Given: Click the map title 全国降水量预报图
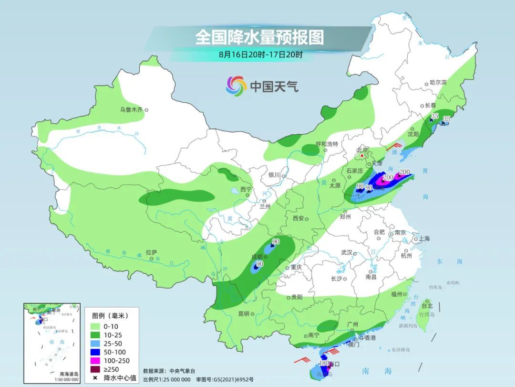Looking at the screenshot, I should pyautogui.click(x=259, y=37).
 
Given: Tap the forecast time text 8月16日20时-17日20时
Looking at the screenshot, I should pyautogui.click(x=260, y=54).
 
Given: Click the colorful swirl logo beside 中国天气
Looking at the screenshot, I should pyautogui.click(x=236, y=86).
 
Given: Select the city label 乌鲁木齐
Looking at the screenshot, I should pyautogui.click(x=131, y=110).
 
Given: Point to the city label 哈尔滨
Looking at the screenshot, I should pyautogui.click(x=438, y=83).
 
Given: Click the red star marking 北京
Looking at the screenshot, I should pyautogui.click(x=362, y=156).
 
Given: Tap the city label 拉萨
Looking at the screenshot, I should pyautogui.click(x=151, y=252).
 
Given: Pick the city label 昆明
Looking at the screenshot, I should pyautogui.click(x=243, y=314).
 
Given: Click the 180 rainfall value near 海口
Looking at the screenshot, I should pyautogui.click(x=324, y=364).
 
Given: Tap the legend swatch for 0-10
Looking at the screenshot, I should pyautogui.click(x=98, y=326).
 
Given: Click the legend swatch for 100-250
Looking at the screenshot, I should pyautogui.click(x=98, y=361).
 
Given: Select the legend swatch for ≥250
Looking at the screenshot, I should pyautogui.click(x=98, y=369).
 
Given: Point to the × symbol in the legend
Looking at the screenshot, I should pyautogui.click(x=95, y=378).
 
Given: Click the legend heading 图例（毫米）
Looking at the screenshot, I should pyautogui.click(x=110, y=315).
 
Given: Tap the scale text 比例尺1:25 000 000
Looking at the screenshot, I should pyautogui.click(x=167, y=379).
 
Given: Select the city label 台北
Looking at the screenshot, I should pyautogui.click(x=427, y=306).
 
